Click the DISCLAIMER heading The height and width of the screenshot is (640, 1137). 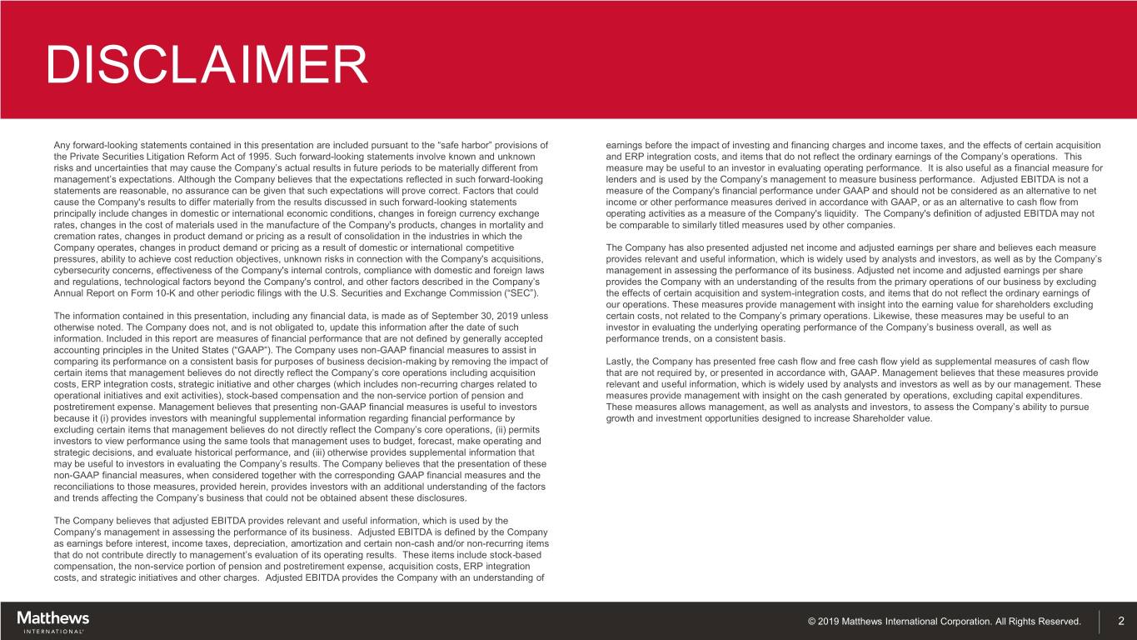(207, 65)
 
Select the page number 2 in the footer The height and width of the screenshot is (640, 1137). (1120, 621)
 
